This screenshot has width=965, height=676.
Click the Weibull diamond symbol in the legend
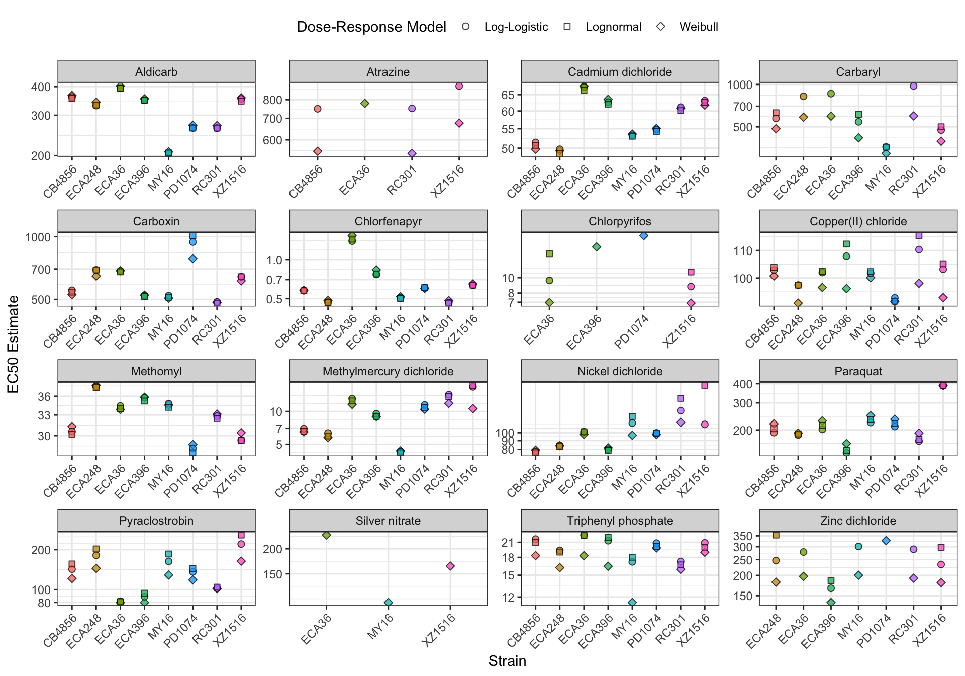coord(661,26)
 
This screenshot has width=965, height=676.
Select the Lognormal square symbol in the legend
coord(567,26)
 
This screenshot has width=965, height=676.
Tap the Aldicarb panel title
coord(156,72)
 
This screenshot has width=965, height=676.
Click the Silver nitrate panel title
coord(388,521)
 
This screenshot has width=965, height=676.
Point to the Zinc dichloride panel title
coord(858,521)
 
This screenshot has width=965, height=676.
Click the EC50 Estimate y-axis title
coord(14,344)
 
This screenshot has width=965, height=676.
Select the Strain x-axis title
coord(507,661)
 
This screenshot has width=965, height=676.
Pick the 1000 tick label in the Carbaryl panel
coord(740,84)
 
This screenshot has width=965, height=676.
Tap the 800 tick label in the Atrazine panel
coord(273,100)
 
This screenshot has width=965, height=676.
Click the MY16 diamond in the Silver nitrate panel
coord(389,602)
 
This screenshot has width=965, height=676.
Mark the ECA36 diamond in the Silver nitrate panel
coord(326,535)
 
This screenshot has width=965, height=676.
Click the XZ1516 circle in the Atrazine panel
coord(459,86)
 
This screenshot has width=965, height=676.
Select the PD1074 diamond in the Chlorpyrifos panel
coord(644,235)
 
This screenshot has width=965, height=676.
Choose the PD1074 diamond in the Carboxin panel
coord(192,259)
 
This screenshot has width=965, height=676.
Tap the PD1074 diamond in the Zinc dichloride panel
coord(886,541)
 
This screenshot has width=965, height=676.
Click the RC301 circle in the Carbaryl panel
coord(914,86)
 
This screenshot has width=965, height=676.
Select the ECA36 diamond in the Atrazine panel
coord(365,104)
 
